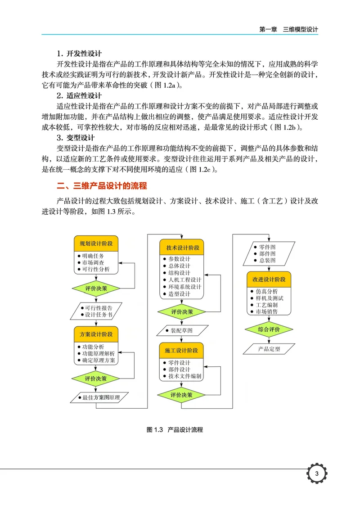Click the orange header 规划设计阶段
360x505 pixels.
[96, 243]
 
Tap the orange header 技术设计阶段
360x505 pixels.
[182, 248]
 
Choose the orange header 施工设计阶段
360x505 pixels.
[181, 350]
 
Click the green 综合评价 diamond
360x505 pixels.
[269, 329]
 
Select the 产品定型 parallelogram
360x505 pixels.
[269, 349]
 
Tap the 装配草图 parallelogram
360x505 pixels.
[181, 331]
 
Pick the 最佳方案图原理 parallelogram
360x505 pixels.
[100, 397]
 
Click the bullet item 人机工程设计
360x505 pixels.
[184, 280]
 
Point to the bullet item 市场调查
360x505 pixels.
[93, 262]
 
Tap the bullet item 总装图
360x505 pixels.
[267, 261]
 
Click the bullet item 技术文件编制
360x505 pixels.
[184, 376]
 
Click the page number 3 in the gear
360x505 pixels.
[317, 474]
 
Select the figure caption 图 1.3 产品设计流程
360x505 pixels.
[175, 430]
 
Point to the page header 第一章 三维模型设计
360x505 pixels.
[288, 29]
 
